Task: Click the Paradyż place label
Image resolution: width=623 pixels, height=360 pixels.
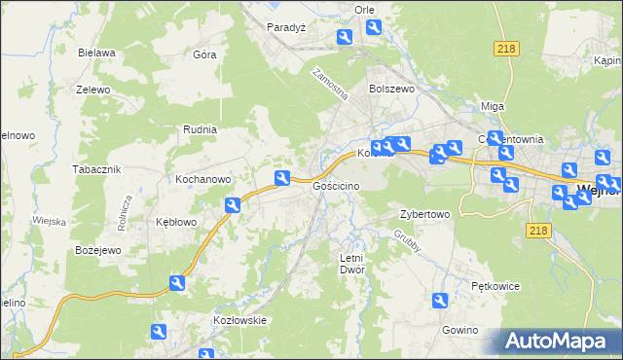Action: (287, 27)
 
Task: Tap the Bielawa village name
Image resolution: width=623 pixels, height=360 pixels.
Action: (97, 53)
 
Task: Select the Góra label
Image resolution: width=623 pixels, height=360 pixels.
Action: (204, 54)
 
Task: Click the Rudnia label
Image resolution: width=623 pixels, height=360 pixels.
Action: (200, 128)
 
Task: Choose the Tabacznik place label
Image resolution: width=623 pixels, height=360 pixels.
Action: (95, 169)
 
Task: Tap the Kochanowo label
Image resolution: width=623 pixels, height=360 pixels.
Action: (202, 179)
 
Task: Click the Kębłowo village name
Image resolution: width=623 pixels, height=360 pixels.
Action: (176, 222)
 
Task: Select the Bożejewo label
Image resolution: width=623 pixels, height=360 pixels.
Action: (97, 251)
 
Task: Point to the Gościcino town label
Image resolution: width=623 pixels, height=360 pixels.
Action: (337, 185)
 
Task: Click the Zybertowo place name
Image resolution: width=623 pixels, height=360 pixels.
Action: (424, 214)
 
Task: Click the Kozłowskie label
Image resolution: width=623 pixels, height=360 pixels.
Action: (239, 319)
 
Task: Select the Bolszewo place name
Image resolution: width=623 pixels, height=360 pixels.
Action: (392, 88)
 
